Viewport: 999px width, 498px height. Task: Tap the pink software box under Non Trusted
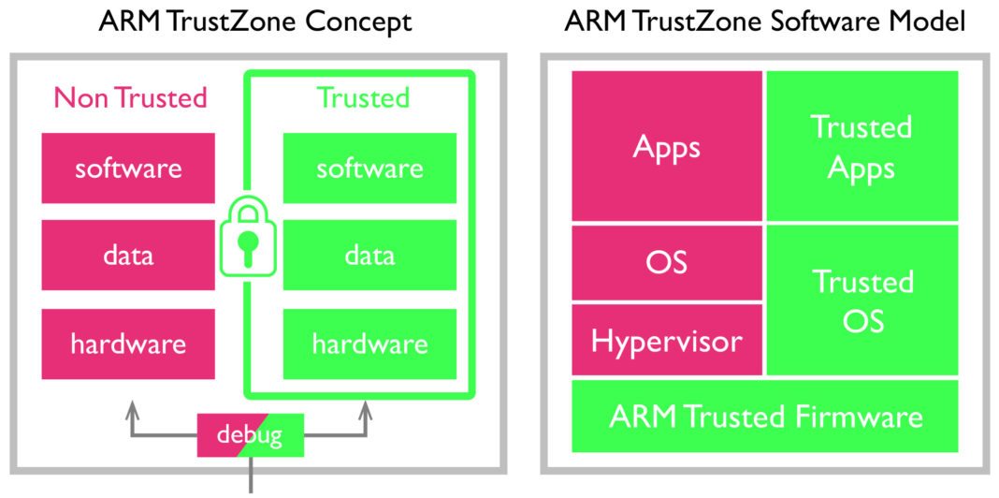[128, 168]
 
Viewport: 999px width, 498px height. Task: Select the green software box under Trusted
[369, 168]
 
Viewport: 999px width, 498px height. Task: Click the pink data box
[128, 256]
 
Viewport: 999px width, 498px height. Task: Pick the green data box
[369, 256]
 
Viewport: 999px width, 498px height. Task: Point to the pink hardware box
[128, 344]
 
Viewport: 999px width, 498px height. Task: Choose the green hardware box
[369, 344]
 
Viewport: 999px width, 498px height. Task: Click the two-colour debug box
[250, 435]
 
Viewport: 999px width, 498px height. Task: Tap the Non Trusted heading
[130, 97]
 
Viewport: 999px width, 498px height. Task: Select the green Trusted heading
[363, 97]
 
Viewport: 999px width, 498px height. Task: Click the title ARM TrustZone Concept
[255, 22]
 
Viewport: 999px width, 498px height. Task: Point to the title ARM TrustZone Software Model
[764, 22]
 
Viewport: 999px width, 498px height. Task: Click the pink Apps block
[667, 147]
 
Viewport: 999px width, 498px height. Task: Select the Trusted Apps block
[861, 147]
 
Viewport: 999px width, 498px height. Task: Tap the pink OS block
[667, 262]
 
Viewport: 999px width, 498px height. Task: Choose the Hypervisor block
[667, 339]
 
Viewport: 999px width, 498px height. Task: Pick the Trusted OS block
[861, 300]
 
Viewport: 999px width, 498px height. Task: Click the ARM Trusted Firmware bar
[765, 417]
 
